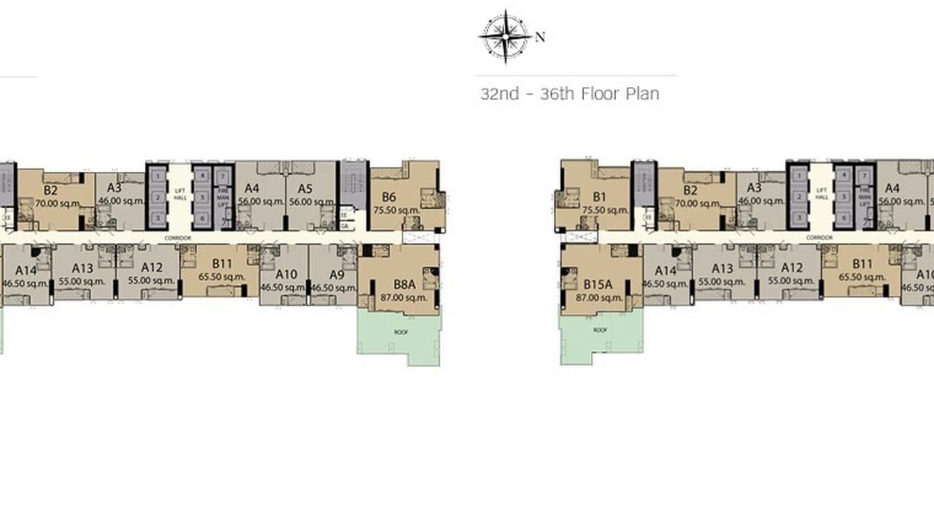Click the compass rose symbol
505,36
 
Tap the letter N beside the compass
540,37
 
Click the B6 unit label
389,197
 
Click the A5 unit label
304,188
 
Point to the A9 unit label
337,274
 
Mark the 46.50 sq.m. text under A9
333,287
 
